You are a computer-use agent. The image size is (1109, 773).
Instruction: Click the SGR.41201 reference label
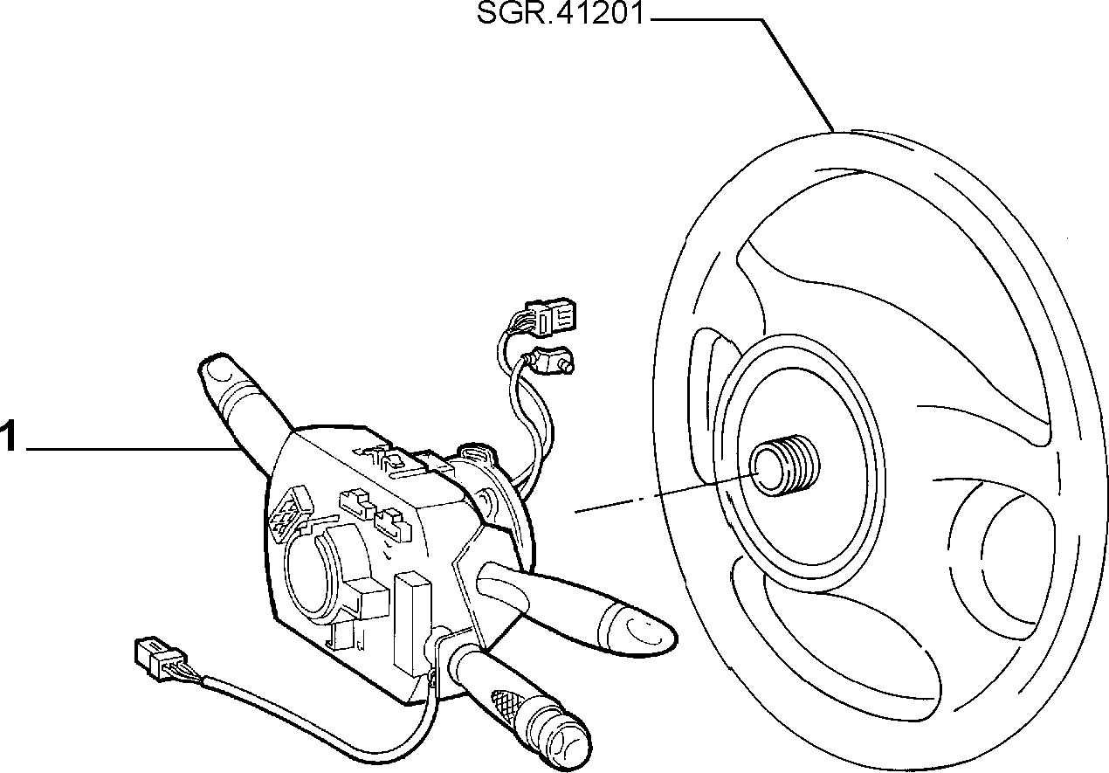(x=561, y=14)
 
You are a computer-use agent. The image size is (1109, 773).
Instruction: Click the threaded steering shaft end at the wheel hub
(x=784, y=466)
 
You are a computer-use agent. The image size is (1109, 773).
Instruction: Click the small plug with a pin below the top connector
(x=550, y=360)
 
